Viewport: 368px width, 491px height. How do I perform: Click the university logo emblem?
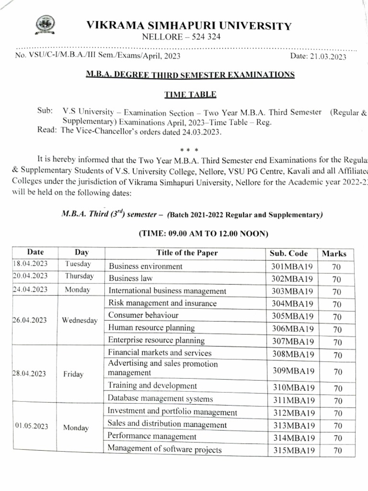click(x=46, y=24)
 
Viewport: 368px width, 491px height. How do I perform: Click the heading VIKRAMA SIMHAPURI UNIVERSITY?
click(x=188, y=26)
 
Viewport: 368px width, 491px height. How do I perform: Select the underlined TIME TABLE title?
click(x=184, y=94)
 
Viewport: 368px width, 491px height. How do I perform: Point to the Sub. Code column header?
click(x=288, y=253)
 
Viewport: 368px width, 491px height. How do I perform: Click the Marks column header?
click(x=334, y=254)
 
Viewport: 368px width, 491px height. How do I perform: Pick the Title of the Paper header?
click(x=186, y=253)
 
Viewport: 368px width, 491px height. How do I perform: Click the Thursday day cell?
click(x=79, y=276)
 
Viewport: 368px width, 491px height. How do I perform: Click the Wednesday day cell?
click(x=80, y=320)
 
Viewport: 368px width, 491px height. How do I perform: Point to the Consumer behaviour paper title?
click(x=143, y=315)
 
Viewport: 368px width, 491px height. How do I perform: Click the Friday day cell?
click(x=73, y=374)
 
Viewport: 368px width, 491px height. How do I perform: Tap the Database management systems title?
click(x=160, y=398)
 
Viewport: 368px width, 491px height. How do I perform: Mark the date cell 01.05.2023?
click(x=32, y=426)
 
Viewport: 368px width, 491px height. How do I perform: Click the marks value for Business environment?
click(x=336, y=267)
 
